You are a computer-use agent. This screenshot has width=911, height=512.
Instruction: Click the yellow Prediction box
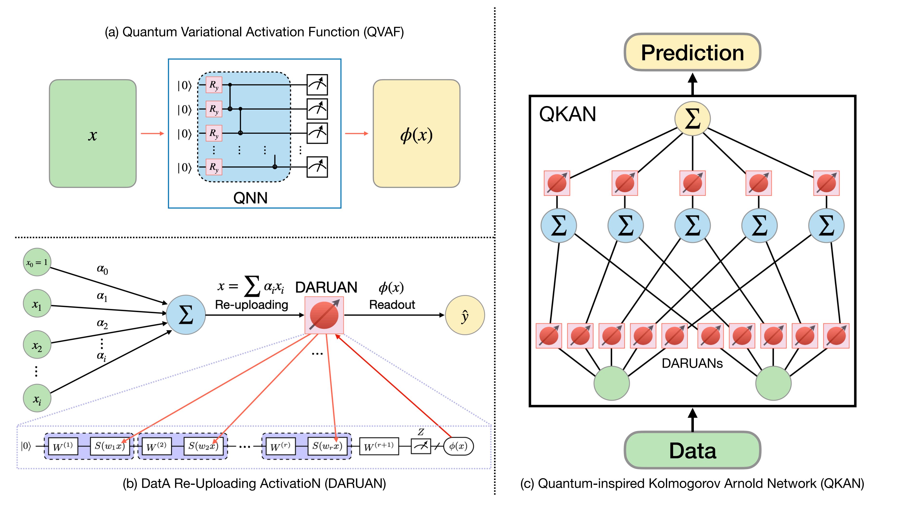click(692, 52)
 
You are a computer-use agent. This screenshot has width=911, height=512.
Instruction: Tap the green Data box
click(692, 450)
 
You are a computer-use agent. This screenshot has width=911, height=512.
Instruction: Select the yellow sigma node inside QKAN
click(692, 118)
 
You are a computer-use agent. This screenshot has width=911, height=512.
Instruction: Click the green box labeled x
click(93, 134)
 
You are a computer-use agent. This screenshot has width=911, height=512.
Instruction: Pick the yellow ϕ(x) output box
click(416, 134)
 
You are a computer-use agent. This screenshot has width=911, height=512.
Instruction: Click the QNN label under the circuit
click(250, 198)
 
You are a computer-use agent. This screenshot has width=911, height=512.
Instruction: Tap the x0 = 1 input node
click(37, 262)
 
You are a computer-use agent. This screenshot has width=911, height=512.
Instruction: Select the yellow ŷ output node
click(465, 315)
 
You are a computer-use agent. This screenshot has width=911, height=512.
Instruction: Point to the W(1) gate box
click(63, 447)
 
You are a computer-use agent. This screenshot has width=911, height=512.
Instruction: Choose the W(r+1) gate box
click(379, 446)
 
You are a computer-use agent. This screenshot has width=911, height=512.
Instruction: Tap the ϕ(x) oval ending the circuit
click(458, 446)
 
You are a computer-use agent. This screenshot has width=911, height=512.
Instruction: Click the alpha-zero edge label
click(103, 270)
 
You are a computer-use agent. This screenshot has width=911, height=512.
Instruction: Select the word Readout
click(392, 305)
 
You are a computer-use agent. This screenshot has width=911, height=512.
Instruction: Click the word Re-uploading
click(251, 305)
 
